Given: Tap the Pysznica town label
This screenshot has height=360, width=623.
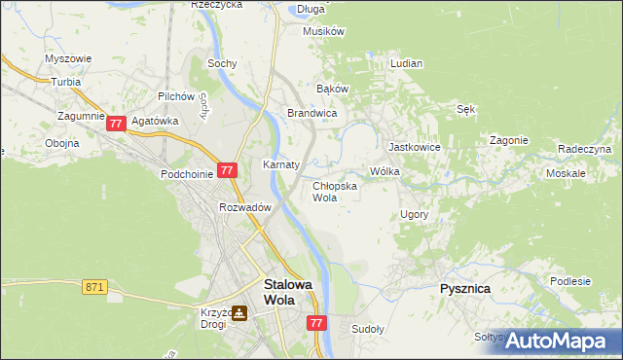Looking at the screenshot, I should click(464, 289).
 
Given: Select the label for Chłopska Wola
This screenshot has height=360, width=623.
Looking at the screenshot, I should click(335, 191).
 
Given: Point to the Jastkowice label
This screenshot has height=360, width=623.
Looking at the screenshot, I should click(415, 147).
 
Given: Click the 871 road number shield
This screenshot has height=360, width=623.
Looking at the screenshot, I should click(94, 286).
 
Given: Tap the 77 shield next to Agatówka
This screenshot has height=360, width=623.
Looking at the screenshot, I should click(116, 124).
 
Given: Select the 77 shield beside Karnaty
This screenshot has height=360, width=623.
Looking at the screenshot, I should click(227, 169).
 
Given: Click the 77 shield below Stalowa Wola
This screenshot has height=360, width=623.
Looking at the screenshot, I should click(315, 321).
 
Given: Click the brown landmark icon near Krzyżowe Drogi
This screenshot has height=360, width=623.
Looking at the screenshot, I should click(238, 313).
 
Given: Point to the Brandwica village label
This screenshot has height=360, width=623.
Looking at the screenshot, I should click(311, 114).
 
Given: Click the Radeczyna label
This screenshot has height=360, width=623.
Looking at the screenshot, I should click(584, 149).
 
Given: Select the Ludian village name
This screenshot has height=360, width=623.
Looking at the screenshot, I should click(406, 63).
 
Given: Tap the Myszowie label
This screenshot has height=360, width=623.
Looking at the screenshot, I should click(68, 58).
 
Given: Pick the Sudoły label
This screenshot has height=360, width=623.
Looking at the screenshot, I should click(368, 329).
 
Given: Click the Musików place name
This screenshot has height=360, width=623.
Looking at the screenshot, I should click(324, 31).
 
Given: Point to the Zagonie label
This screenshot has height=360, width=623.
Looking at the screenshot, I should click(509, 140).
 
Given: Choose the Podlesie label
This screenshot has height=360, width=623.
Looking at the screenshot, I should click(570, 281).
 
